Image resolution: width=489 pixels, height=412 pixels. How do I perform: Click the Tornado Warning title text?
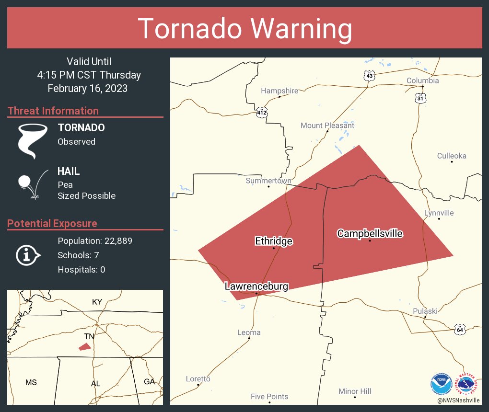pyautogui.click(x=244, y=29)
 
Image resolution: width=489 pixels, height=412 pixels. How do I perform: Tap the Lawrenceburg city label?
pyautogui.click(x=256, y=286)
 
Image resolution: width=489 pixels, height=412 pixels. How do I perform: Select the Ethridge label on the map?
pyautogui.click(x=273, y=241)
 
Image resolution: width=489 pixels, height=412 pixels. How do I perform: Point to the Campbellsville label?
pyautogui.click(x=370, y=233)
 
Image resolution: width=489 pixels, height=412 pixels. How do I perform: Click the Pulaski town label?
pyautogui.click(x=425, y=311)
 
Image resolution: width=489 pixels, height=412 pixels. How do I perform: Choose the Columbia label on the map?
pyautogui.click(x=422, y=80)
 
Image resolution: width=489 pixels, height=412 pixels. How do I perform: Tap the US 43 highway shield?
pyautogui.click(x=369, y=76)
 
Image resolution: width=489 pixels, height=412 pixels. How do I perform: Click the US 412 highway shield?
pyautogui.click(x=261, y=113)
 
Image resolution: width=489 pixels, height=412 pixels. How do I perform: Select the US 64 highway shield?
pyautogui.click(x=460, y=330)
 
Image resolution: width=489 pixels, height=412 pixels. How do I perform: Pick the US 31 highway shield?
pyautogui.click(x=420, y=98)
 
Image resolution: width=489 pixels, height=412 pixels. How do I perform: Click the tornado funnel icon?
pyautogui.click(x=32, y=140)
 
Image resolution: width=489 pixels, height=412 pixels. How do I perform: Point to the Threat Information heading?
pyautogui.click(x=53, y=111)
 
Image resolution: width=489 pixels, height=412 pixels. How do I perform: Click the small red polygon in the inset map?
pyautogui.click(x=85, y=346)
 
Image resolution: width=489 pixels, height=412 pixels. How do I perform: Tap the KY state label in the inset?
pyautogui.click(x=97, y=302)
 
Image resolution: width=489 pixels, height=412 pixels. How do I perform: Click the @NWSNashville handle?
pyautogui.click(x=458, y=400)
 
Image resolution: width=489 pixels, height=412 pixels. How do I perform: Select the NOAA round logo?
pyautogui.click(x=441, y=384)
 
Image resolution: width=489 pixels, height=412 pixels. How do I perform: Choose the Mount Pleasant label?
pyautogui.click(x=327, y=126)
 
